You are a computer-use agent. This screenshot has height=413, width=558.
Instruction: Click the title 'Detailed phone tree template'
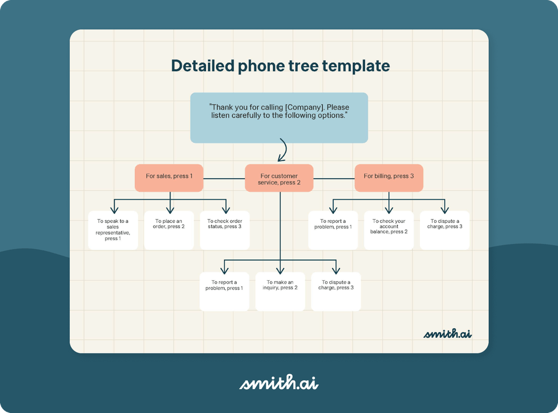click(x=280, y=66)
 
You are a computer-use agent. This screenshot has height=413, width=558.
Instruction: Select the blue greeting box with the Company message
click(x=279, y=118)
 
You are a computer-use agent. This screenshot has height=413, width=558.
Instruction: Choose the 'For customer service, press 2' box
click(x=279, y=178)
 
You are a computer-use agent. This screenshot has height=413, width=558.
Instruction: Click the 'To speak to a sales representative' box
click(x=113, y=231)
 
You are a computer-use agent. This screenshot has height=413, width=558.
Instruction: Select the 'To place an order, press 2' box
click(x=168, y=231)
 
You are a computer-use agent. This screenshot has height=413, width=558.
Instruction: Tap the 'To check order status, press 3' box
click(x=225, y=231)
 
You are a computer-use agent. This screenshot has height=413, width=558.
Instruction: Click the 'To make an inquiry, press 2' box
click(x=280, y=292)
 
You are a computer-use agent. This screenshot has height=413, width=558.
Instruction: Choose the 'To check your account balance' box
click(x=389, y=231)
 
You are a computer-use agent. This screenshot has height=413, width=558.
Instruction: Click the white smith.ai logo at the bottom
click(x=279, y=383)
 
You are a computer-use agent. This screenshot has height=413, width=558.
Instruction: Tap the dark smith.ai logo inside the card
click(x=447, y=333)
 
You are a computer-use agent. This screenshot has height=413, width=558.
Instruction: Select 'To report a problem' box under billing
click(x=333, y=231)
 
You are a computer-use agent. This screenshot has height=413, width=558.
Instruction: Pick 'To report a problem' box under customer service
click(x=224, y=292)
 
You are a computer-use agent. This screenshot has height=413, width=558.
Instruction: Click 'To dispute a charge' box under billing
click(x=444, y=231)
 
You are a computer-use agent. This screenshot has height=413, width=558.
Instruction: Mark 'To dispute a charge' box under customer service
click(x=336, y=292)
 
